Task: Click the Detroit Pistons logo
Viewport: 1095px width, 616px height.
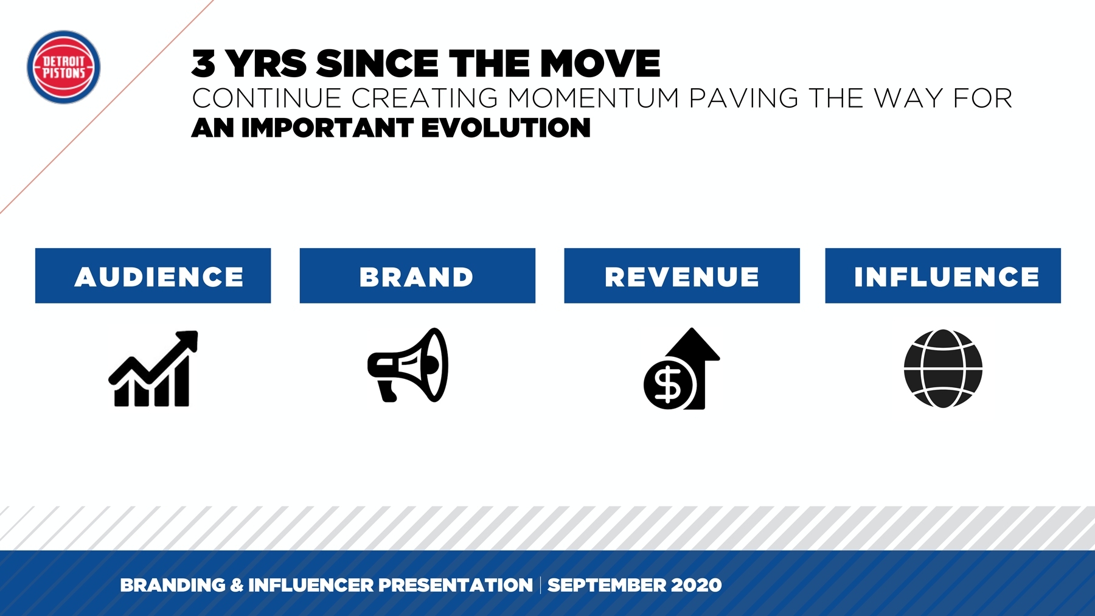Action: (63, 67)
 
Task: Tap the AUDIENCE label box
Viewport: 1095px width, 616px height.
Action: (153, 275)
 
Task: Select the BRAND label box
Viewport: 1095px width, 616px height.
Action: (417, 275)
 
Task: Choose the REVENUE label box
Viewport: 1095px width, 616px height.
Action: (682, 275)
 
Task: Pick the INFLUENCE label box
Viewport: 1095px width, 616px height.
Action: (943, 275)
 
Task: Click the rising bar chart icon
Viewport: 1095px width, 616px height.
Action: (153, 369)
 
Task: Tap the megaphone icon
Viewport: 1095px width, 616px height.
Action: (408, 365)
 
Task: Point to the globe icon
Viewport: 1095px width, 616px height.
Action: (943, 369)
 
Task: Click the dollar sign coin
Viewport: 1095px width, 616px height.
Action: (669, 384)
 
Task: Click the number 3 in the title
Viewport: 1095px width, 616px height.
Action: (204, 64)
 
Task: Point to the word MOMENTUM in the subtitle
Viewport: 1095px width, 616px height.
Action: (594, 99)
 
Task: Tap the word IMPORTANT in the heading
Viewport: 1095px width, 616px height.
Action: (327, 128)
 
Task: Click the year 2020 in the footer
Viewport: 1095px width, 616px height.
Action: (697, 585)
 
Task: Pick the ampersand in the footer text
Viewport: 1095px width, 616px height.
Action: (237, 585)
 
